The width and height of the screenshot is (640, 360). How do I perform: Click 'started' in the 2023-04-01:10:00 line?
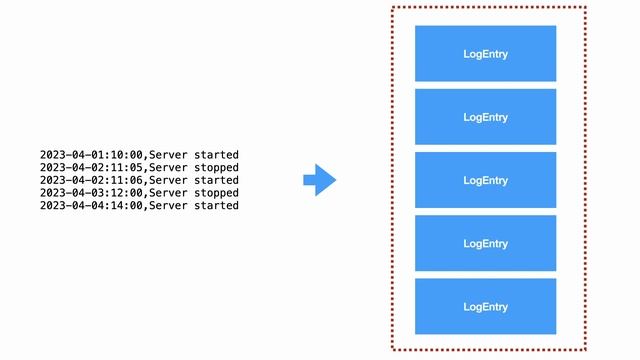(217, 155)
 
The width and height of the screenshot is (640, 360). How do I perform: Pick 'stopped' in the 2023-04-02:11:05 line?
(217, 167)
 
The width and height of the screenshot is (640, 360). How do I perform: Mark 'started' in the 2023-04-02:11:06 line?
(217, 180)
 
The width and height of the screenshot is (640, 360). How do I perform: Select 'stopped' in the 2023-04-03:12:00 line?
(217, 192)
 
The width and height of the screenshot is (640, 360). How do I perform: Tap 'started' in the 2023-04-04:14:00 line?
(217, 205)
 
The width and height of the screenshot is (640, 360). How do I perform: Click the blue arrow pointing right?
(320, 180)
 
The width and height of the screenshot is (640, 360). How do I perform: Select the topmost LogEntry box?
(485, 54)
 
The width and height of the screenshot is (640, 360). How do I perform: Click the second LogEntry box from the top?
(485, 117)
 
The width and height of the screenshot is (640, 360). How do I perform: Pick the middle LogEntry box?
(485, 180)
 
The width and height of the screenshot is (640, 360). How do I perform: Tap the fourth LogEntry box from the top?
(485, 243)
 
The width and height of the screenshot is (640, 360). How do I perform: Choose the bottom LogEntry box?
(485, 306)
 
